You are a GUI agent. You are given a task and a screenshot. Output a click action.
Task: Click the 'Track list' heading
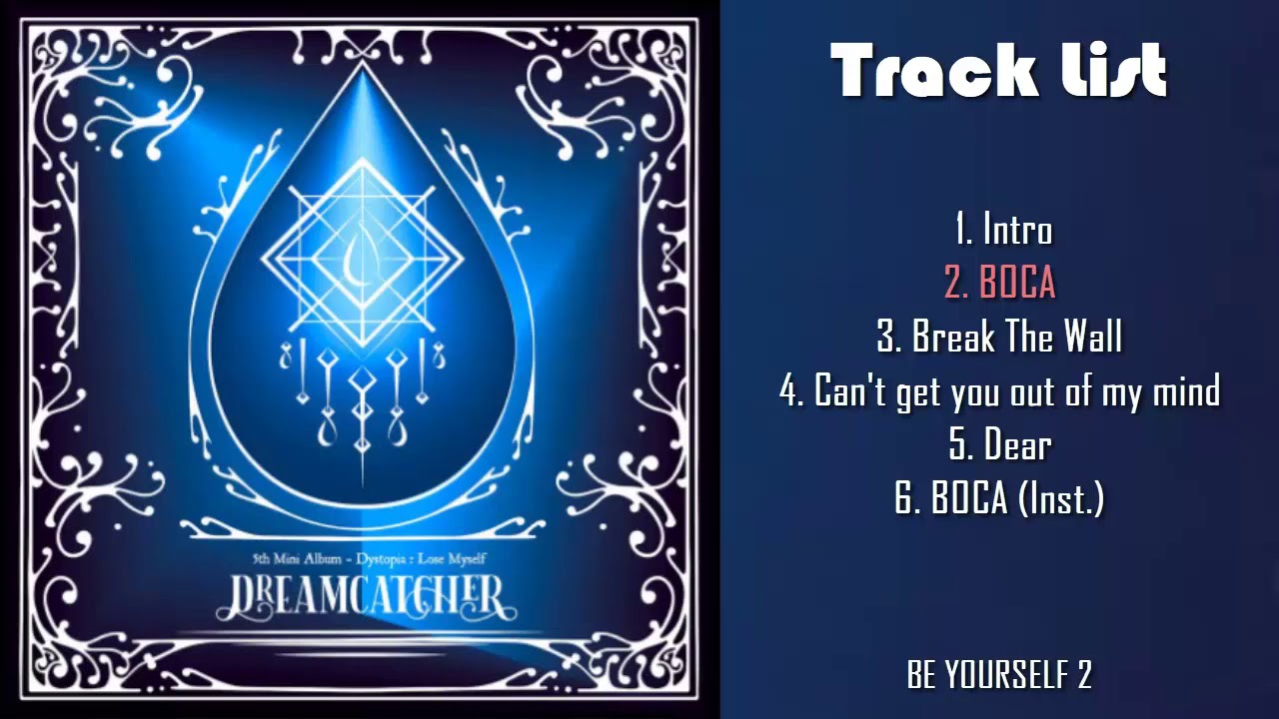coord(998,71)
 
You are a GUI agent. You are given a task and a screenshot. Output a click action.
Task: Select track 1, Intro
coord(1002,230)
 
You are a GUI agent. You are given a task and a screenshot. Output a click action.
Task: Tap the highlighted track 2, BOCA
coord(1000,284)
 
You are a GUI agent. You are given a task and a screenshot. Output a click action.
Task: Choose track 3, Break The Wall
coord(999,338)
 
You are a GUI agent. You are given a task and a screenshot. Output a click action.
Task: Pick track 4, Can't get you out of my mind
coord(999,391)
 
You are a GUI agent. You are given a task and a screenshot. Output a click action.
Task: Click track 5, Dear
coord(1000,444)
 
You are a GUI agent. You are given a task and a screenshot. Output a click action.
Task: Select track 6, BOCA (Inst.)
coord(999,498)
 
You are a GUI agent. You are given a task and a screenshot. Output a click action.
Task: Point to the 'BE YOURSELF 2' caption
coord(999,675)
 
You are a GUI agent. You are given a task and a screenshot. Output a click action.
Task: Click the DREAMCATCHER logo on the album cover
coord(361,596)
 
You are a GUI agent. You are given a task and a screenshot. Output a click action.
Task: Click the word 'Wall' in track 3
coord(1091,338)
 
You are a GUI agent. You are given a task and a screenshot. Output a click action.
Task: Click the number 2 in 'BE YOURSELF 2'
coord(1084,675)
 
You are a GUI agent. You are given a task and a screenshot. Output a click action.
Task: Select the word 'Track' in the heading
coord(919,71)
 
